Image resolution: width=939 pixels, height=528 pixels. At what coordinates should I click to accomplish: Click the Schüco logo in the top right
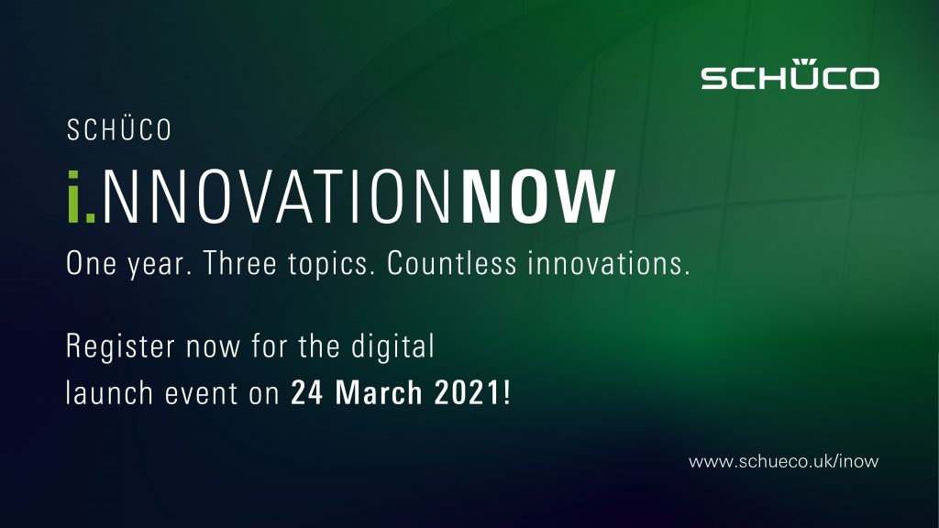(x=790, y=74)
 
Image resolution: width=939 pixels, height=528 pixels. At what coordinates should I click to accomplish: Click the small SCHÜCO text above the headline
(x=119, y=130)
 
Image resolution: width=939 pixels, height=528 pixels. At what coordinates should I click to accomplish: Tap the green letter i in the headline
(x=73, y=196)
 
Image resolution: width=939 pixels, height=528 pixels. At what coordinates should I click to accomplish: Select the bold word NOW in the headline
(x=538, y=197)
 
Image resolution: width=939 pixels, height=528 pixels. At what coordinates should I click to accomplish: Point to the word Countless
(x=451, y=263)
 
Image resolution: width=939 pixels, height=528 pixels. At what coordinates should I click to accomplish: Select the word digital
(x=392, y=346)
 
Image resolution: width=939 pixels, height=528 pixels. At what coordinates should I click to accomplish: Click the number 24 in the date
(x=306, y=393)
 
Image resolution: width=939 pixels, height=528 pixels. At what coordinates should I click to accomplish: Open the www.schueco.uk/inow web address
(x=784, y=462)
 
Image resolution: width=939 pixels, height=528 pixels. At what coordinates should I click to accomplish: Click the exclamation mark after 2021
(x=507, y=393)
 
